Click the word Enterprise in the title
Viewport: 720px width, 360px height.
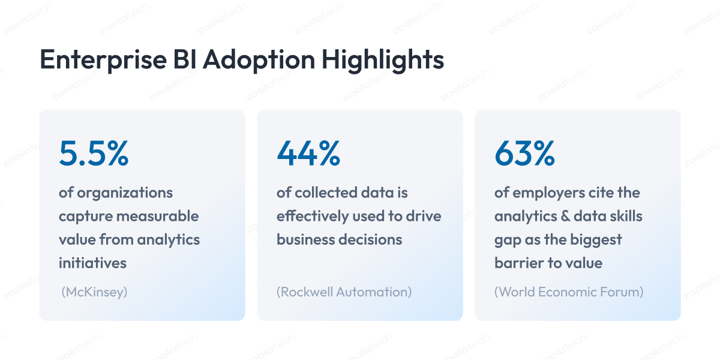(103, 60)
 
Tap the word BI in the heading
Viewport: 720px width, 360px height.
(185, 59)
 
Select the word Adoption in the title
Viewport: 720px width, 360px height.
(259, 60)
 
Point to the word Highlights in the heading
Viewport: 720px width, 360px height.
(383, 60)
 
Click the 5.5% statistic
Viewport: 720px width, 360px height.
(94, 154)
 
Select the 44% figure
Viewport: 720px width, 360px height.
(308, 154)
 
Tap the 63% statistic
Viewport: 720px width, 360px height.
(524, 154)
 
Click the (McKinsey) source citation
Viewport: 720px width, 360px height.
(94, 292)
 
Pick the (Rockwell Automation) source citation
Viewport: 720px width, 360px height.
(344, 292)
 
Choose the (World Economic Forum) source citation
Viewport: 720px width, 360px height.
(569, 292)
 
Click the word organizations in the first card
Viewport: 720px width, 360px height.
(125, 193)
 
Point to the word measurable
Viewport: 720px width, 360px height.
(157, 216)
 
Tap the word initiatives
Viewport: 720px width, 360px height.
(92, 263)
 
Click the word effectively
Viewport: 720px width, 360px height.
(313, 217)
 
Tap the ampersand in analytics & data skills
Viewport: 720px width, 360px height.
(565, 217)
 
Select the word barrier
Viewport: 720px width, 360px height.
(518, 263)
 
